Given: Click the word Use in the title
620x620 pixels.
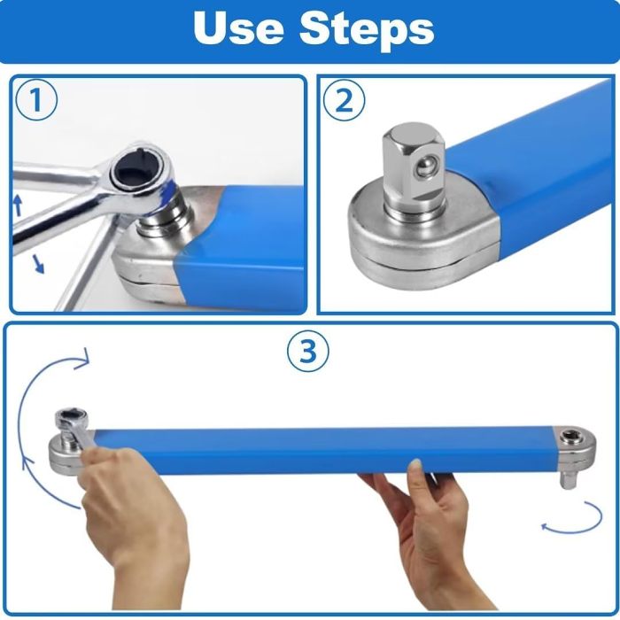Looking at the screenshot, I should pos(236,29).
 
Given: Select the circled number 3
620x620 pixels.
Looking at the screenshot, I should pos(308,353).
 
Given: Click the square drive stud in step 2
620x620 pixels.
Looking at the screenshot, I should pos(409,173).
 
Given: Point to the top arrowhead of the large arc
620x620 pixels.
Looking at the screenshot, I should pos(84,359).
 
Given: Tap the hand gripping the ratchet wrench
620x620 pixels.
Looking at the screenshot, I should pos(133,514).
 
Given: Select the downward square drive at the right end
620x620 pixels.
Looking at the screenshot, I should pos(567,478).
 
